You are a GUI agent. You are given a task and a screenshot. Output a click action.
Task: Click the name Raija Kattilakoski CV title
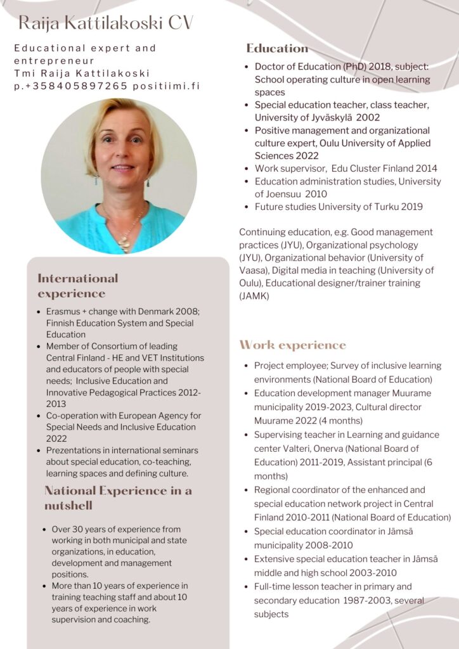tap(105, 23)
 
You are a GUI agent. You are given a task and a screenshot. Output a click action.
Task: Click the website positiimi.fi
tap(166, 86)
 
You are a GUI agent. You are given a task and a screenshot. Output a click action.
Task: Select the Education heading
tap(277, 48)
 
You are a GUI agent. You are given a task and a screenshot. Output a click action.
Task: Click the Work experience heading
tap(292, 345)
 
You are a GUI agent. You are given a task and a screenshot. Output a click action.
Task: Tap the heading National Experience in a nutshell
tap(118, 498)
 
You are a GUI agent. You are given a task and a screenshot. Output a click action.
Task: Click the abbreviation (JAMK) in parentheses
tap(254, 296)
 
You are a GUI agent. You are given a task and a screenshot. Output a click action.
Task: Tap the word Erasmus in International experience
tap(63, 312)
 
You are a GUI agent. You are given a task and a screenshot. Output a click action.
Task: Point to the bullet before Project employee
tap(246, 366)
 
